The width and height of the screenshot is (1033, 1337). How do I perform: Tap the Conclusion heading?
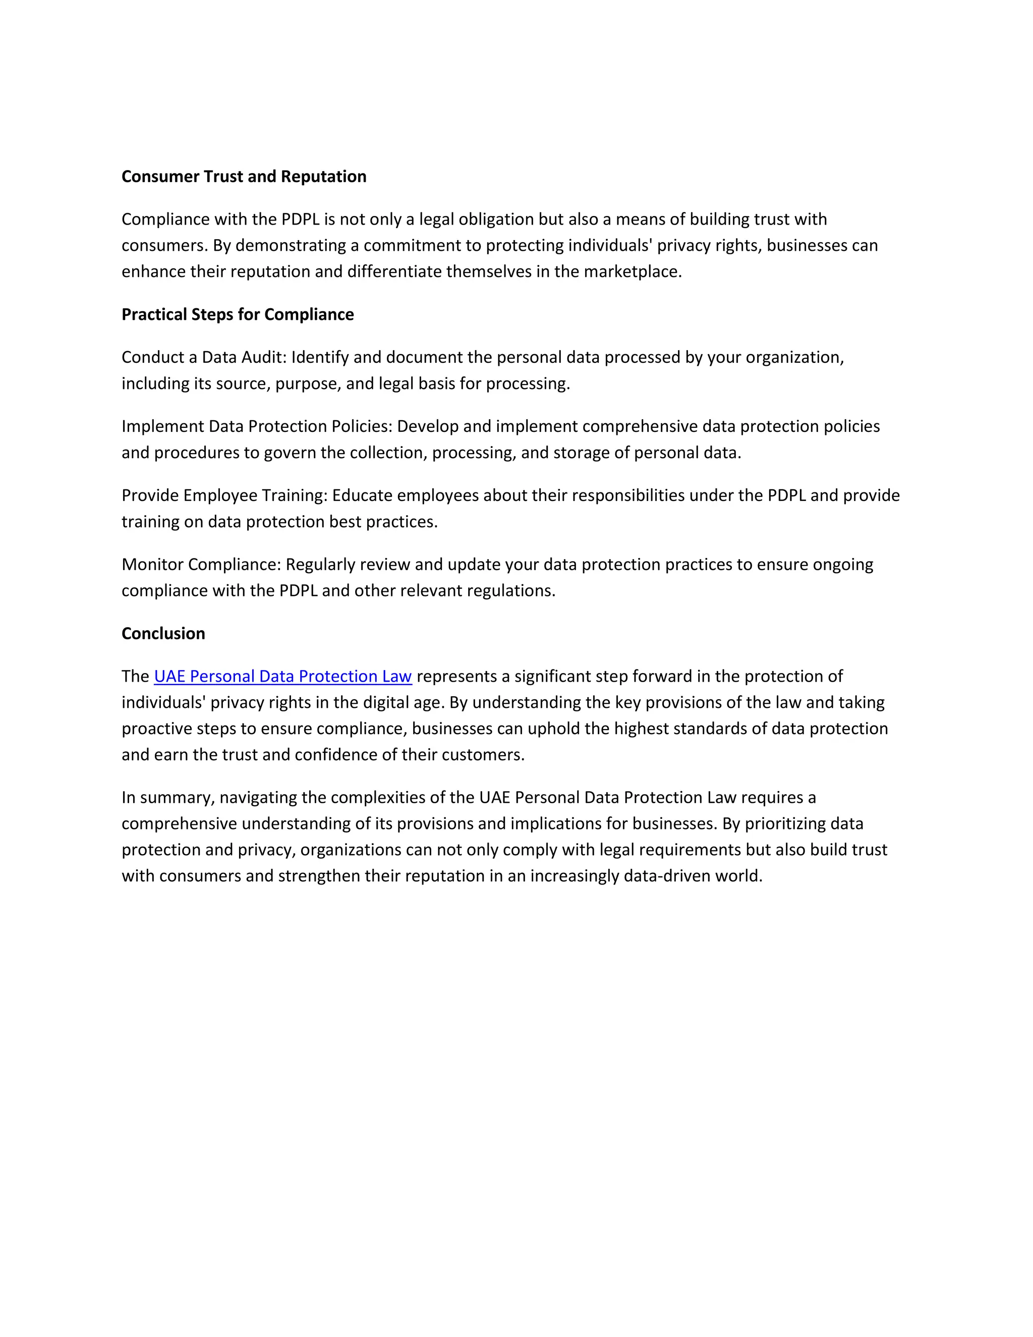(x=163, y=633)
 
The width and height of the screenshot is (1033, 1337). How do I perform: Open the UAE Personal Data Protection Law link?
(x=283, y=676)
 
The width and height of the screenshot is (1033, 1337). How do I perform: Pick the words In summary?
(x=167, y=797)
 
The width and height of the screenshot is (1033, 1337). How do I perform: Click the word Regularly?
(x=320, y=565)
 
